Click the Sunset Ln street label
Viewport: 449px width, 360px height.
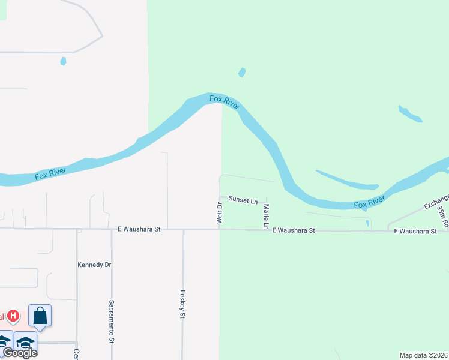(x=243, y=200)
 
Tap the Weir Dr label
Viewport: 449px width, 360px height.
(x=220, y=214)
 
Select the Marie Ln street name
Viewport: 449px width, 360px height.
(x=265, y=217)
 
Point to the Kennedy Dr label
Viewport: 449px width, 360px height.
(x=95, y=265)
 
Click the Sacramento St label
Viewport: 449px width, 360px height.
(x=112, y=321)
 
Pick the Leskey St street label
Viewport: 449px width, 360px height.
(x=182, y=305)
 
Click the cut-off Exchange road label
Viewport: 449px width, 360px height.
(x=436, y=201)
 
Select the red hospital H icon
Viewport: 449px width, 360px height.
(x=14, y=316)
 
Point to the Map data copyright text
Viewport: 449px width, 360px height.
(x=423, y=355)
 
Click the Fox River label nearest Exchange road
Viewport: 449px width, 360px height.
(x=369, y=203)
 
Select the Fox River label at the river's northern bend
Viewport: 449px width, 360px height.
(x=224, y=101)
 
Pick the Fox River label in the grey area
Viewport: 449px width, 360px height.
(x=50, y=174)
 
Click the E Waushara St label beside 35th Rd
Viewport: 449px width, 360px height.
(x=415, y=231)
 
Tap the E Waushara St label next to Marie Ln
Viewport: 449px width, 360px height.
(x=294, y=230)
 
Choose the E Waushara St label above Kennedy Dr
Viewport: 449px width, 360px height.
(x=139, y=229)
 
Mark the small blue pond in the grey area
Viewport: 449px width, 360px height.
(x=63, y=61)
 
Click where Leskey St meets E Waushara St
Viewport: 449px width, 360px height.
(x=182, y=229)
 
